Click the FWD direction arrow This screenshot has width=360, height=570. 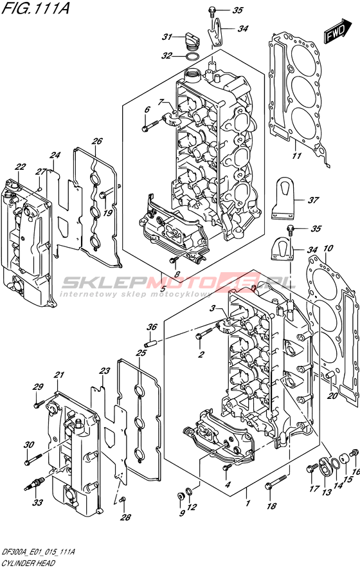(x=338, y=32)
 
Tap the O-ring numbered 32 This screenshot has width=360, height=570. (x=192, y=57)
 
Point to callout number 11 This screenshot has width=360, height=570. (x=297, y=156)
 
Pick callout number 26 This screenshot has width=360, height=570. (x=97, y=141)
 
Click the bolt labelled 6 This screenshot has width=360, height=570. (x=150, y=126)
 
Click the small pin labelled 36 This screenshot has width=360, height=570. (x=150, y=343)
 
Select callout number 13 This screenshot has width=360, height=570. (x=327, y=492)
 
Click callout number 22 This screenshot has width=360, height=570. (x=21, y=167)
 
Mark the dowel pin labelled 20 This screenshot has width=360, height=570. (x=330, y=376)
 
